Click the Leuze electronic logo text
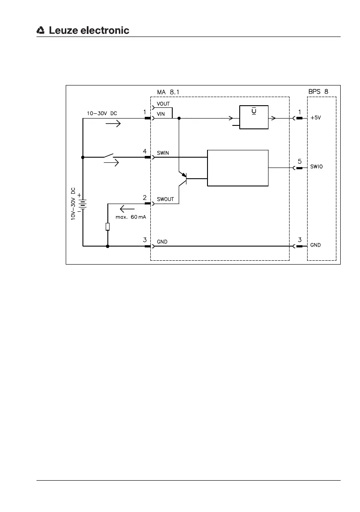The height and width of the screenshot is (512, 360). point(88,30)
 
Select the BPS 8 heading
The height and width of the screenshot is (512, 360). point(318,91)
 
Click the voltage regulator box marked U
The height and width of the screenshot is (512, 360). point(254,117)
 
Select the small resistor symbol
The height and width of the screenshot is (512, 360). point(108,227)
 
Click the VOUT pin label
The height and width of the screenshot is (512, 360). point(163,104)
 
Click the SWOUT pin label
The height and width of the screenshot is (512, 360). point(165,200)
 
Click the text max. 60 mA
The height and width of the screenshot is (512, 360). point(131,217)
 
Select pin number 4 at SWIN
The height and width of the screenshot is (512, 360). point(145,151)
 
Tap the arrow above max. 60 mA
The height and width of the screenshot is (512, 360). point(127,209)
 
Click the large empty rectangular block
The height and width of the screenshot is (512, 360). point(238,168)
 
